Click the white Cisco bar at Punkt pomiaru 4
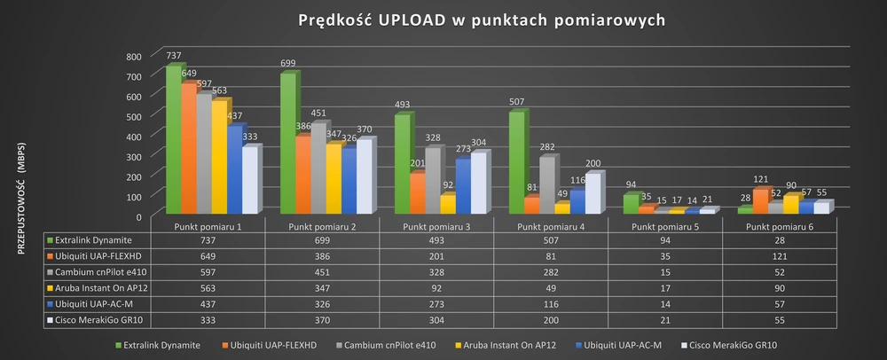(592, 193)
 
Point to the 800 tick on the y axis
(132, 56)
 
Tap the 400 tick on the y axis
(132, 136)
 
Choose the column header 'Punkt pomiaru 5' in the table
(665, 226)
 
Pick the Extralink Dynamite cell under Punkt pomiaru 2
(322, 240)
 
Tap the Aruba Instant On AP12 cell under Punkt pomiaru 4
(551, 288)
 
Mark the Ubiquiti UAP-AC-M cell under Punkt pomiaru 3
(436, 304)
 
